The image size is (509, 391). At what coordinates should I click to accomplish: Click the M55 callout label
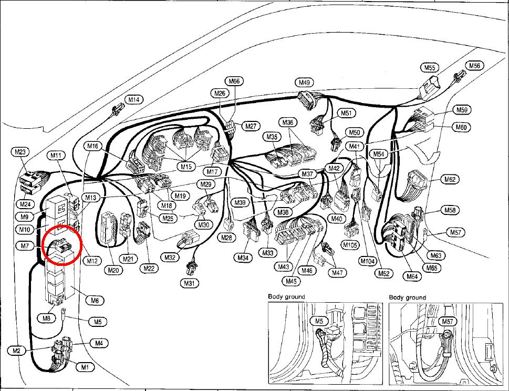click(x=430, y=68)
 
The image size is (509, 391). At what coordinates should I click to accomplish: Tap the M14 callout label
click(x=134, y=100)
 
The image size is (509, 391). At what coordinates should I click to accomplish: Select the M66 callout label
click(x=234, y=81)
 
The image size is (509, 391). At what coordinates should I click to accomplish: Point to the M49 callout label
click(x=304, y=83)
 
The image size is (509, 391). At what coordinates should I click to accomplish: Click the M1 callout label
click(x=85, y=367)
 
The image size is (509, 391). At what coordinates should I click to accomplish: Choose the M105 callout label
click(x=351, y=245)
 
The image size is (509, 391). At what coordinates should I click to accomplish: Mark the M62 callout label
click(x=450, y=179)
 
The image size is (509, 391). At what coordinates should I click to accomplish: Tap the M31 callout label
click(x=189, y=283)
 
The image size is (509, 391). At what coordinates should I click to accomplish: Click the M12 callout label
click(x=92, y=261)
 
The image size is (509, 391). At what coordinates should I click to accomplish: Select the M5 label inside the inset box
click(x=319, y=321)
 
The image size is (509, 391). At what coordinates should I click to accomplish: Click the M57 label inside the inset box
click(x=448, y=322)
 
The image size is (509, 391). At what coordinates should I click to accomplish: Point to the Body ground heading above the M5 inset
click(x=287, y=296)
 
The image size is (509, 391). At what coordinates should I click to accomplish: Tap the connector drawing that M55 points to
click(x=429, y=87)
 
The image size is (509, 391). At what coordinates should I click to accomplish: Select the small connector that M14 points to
click(x=118, y=110)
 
